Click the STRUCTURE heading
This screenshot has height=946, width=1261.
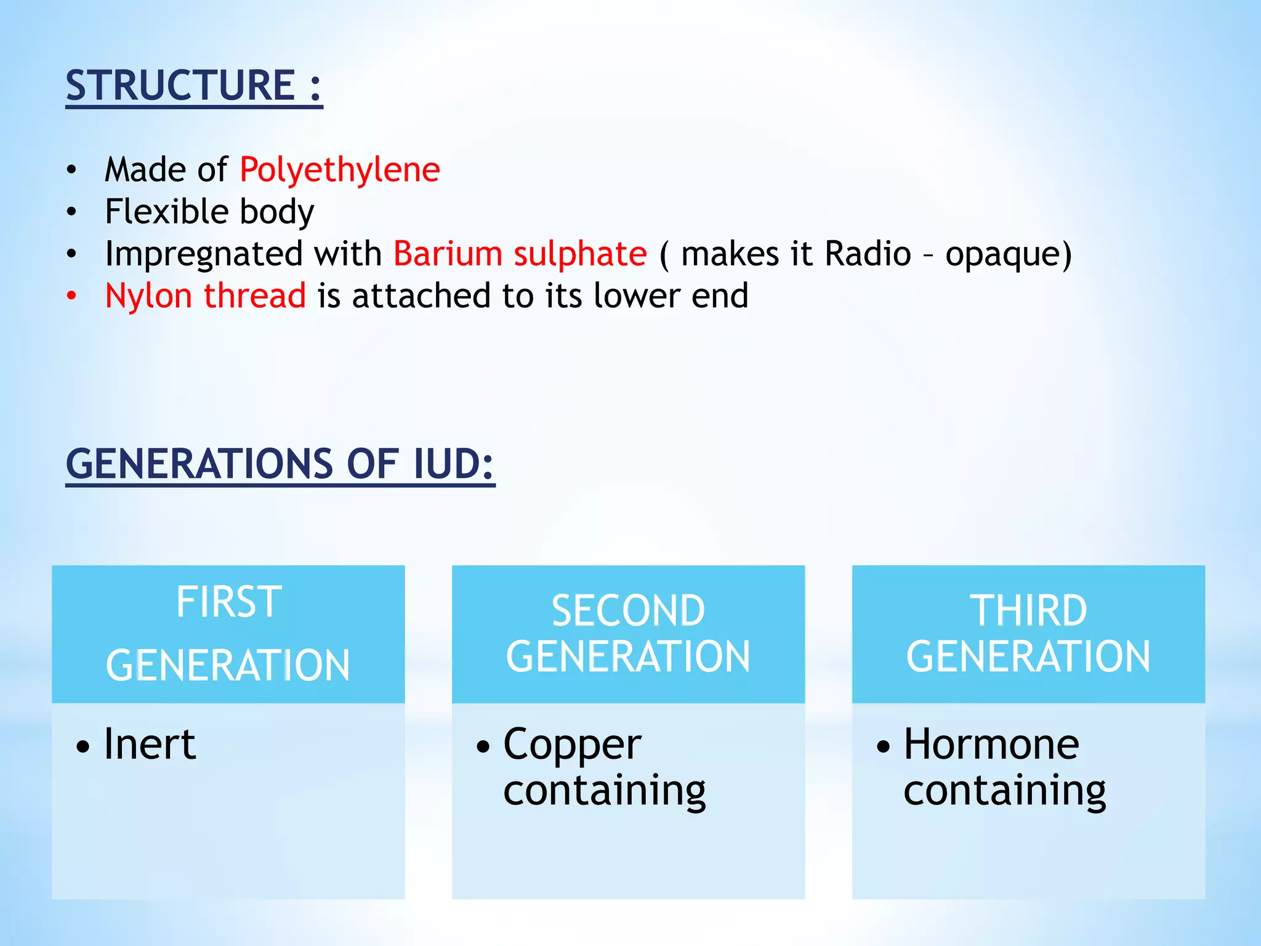tap(193, 86)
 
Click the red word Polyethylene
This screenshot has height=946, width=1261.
tap(340, 170)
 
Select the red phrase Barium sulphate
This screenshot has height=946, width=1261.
tap(520, 254)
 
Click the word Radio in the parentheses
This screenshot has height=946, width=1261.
tap(868, 254)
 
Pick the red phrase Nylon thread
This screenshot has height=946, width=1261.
tap(206, 296)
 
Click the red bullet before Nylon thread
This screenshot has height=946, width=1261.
tap(72, 296)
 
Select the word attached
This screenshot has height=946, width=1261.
tap(421, 296)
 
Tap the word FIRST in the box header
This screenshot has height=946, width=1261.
tap(228, 602)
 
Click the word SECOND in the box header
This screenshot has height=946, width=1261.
tap(628, 611)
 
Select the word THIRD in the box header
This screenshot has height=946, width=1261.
tap(1028, 611)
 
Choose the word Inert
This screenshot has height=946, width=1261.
tap(150, 745)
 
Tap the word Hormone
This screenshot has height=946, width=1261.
tap(991, 745)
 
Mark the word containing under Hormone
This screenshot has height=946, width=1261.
tap(1004, 792)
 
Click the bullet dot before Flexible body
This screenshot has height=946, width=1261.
tap(72, 212)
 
